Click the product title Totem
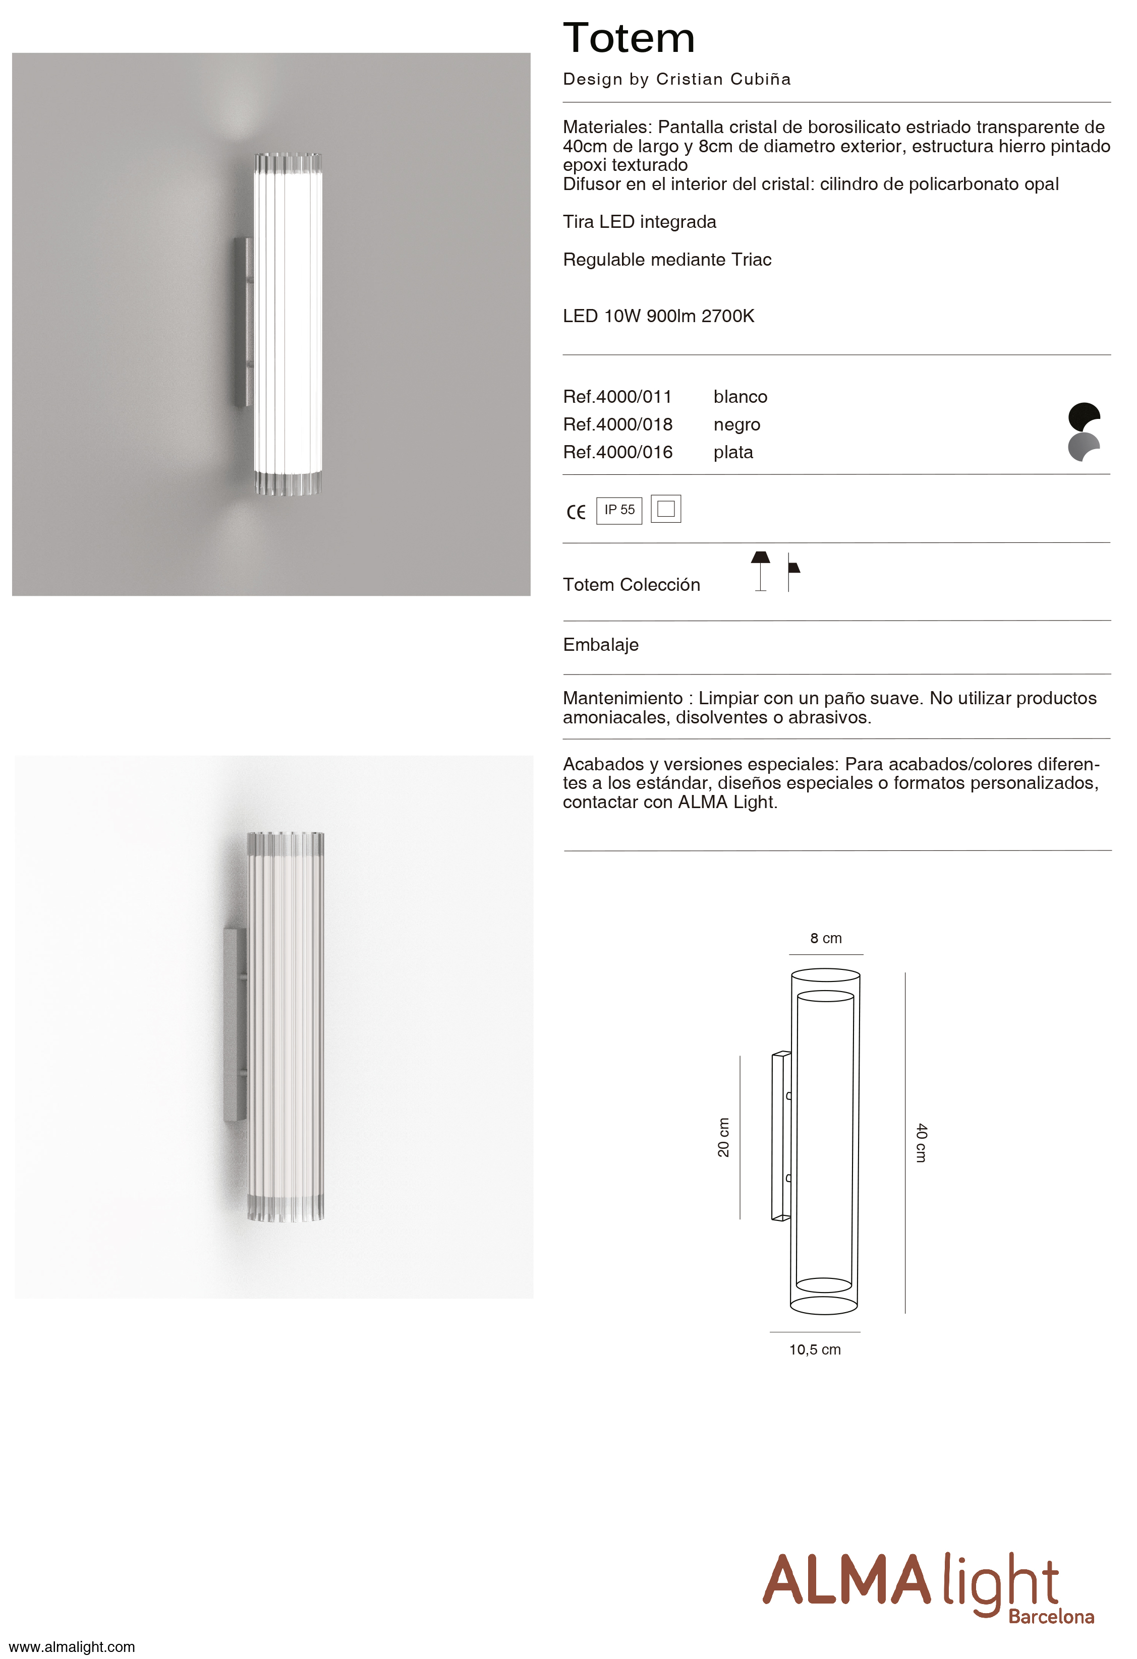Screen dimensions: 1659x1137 click(629, 38)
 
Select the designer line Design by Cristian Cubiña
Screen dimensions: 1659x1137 click(676, 79)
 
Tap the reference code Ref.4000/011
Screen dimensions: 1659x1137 click(617, 397)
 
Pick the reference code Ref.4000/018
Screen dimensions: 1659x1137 click(617, 425)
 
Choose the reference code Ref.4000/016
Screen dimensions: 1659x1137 click(617, 453)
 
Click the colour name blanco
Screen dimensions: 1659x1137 click(740, 397)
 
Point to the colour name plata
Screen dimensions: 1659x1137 click(733, 453)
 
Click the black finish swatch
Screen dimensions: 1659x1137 click(1083, 415)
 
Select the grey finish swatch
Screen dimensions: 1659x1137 click(1083, 447)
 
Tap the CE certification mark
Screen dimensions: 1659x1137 click(576, 512)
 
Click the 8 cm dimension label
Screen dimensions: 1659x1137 click(826, 939)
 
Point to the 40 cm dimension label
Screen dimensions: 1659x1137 click(921, 1142)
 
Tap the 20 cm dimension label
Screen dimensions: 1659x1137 click(723, 1137)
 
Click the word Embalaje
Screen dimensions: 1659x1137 click(601, 645)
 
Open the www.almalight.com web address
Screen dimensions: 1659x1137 click(72, 1647)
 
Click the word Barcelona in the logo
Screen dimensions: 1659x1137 click(1051, 1616)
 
